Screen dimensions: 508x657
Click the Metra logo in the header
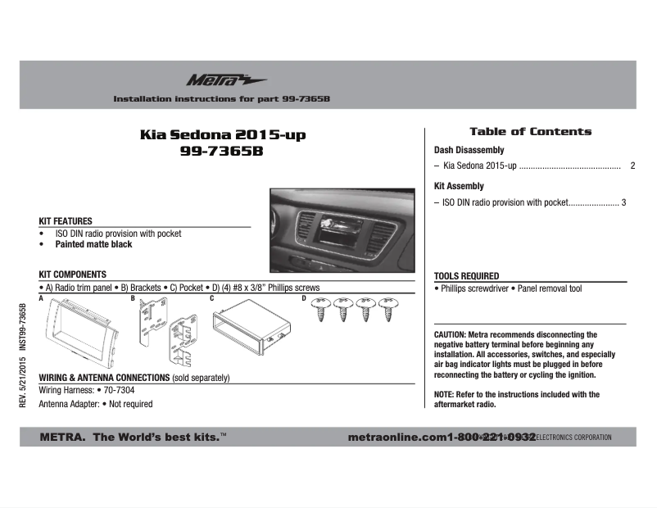point(214,80)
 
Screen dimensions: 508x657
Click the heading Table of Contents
point(530,132)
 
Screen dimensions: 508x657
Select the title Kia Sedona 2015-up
point(223,134)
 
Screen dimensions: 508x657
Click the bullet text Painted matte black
point(93,245)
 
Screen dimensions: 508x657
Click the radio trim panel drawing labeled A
point(81,333)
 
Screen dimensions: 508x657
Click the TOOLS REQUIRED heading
point(466,276)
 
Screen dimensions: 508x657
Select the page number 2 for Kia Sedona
point(632,166)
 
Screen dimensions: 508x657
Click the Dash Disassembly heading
point(469,151)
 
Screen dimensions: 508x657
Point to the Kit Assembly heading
point(459,186)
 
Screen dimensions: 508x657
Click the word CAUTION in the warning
point(449,335)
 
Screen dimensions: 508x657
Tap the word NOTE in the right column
point(443,394)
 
